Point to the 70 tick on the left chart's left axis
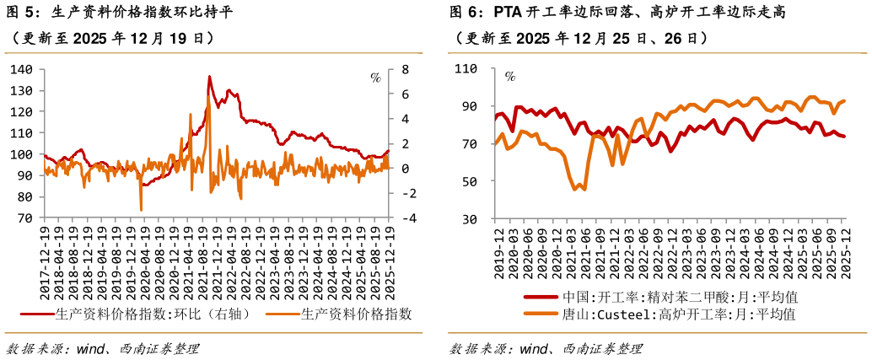pos(23,218)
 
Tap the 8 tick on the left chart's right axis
pos(405,69)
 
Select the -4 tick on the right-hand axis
pos(407,218)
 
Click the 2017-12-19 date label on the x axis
pos(45,261)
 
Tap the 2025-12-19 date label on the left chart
pos(389,261)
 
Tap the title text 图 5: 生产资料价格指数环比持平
pos(119,12)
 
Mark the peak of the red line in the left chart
pos(210,77)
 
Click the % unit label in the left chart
pos(376,78)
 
